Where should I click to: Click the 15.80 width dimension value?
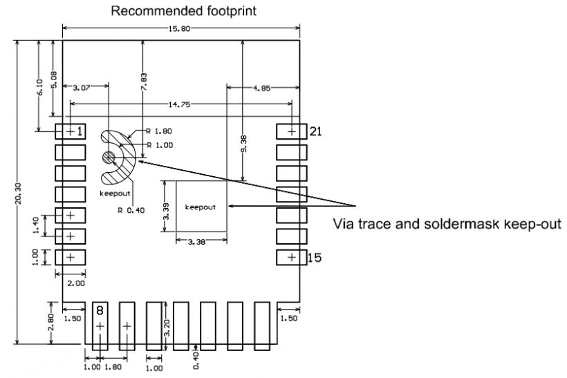tap(181, 28)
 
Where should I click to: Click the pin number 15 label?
tap(315, 258)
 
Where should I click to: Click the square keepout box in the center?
tap(201, 206)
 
